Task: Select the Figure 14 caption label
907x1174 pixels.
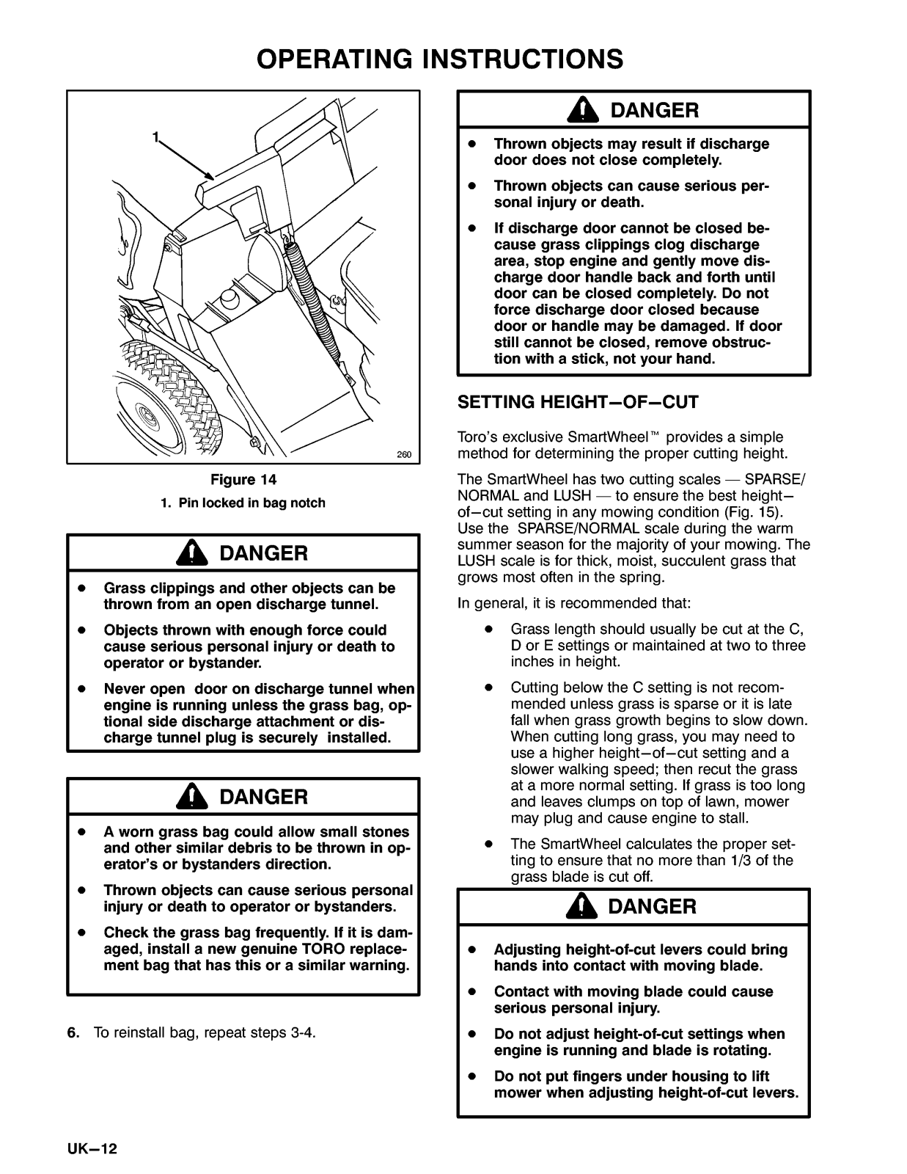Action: pos(243,481)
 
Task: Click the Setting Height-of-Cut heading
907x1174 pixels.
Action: pos(578,402)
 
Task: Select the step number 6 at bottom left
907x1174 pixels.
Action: pos(72,1033)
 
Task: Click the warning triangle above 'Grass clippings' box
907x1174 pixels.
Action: pos(191,553)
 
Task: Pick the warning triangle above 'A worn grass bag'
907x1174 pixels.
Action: pos(191,796)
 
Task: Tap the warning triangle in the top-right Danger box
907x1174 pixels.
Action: pos(581,111)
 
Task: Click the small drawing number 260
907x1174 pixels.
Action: pos(404,455)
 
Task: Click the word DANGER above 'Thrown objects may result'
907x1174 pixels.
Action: pos(655,111)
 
